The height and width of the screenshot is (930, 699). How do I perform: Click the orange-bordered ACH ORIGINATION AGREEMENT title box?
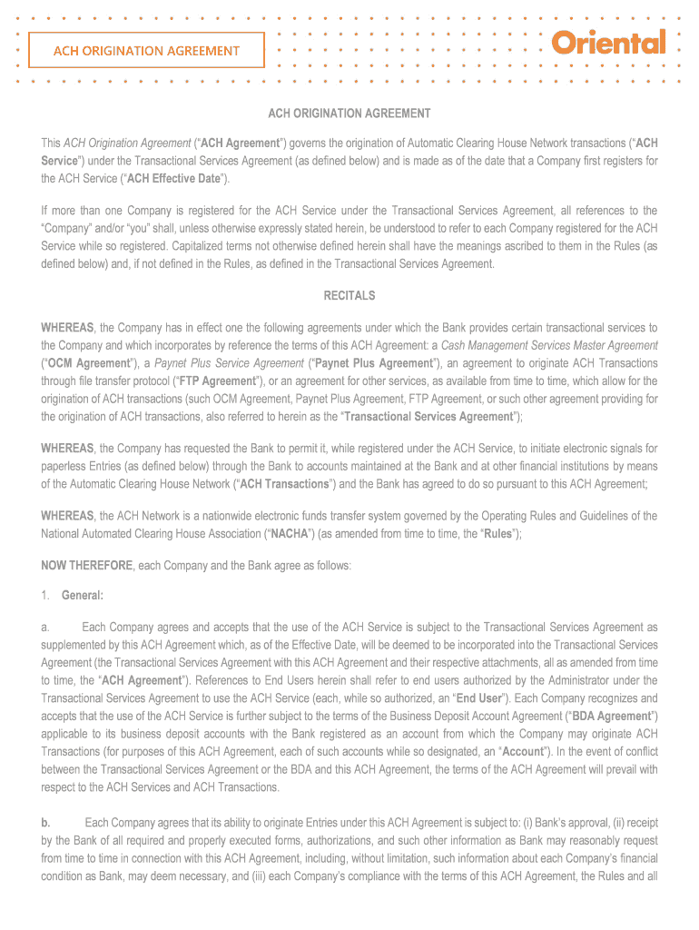pyautogui.click(x=146, y=50)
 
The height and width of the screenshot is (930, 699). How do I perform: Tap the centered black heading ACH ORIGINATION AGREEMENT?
pyautogui.click(x=349, y=114)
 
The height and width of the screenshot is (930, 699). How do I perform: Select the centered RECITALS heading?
pyautogui.click(x=349, y=295)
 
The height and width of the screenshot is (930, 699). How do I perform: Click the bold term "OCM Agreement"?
pyautogui.click(x=87, y=363)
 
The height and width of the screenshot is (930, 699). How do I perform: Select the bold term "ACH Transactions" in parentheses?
pyautogui.click(x=283, y=484)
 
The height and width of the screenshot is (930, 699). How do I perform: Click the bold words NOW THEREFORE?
pyautogui.click(x=87, y=566)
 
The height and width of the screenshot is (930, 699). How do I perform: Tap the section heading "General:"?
pyautogui.click(x=83, y=596)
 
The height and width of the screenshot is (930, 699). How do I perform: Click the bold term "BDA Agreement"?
pyautogui.click(x=615, y=716)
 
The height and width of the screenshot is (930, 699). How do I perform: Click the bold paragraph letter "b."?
pyautogui.click(x=45, y=823)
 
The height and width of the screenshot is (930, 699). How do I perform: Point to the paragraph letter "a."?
pyautogui.click(x=45, y=628)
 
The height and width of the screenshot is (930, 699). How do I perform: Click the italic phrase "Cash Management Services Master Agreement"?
pyautogui.click(x=549, y=345)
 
